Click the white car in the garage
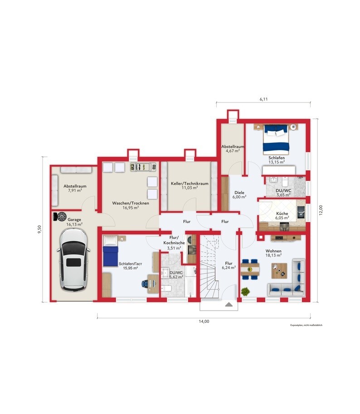73,259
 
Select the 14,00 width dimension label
204,321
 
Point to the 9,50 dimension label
39,229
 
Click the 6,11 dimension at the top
263,99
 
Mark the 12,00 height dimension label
321,210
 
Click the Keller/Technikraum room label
190,184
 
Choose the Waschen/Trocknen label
131,203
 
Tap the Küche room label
282,213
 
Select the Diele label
239,192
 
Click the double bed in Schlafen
276,139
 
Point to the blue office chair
145,283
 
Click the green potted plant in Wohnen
245,292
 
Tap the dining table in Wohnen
250,269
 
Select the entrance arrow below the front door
229,305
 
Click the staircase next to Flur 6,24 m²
209,267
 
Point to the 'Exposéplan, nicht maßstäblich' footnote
306,325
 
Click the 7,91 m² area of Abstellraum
75,190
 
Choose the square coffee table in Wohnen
279,271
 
